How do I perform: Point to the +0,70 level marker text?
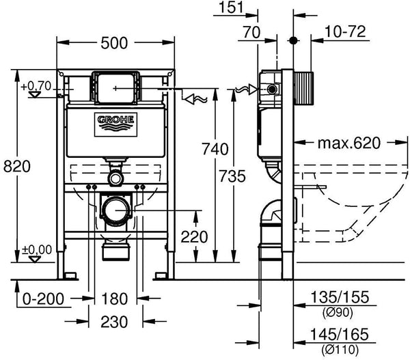[35, 86]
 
